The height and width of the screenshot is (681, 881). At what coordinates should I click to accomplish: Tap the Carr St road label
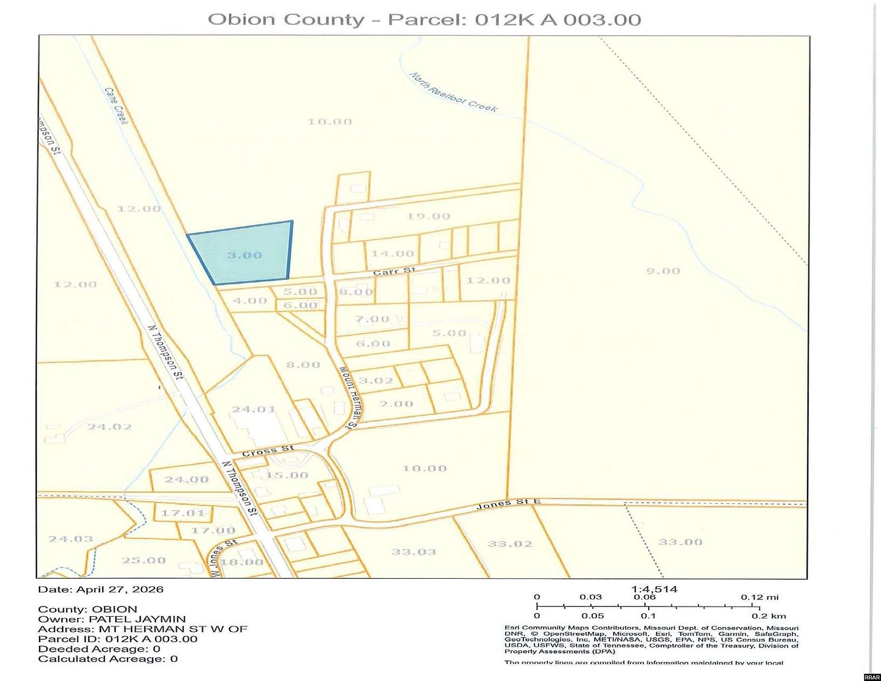[x=394, y=271]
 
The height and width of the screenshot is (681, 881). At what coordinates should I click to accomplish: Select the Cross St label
[x=268, y=450]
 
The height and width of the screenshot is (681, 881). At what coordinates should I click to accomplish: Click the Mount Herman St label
[x=349, y=397]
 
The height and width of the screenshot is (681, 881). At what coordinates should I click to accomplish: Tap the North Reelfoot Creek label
[x=453, y=92]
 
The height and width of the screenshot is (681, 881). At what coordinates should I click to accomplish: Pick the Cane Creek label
[x=117, y=106]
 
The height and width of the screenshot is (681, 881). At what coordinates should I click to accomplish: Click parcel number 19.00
[x=428, y=216]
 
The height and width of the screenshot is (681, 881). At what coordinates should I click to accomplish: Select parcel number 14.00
[x=392, y=253]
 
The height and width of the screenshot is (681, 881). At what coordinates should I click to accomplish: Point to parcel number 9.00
[x=663, y=271]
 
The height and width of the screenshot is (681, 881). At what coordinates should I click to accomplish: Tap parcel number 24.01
[x=253, y=409]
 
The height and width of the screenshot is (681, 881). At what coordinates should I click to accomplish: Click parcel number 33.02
[x=510, y=544]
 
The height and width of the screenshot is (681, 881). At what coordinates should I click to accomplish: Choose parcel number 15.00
[x=287, y=475]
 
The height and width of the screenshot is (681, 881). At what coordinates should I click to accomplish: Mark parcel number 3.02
[x=376, y=380]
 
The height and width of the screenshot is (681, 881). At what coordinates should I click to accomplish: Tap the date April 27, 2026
[x=119, y=589]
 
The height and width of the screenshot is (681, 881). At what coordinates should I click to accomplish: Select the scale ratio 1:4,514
[x=654, y=589]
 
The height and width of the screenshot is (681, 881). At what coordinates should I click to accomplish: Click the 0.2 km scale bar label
[x=769, y=616]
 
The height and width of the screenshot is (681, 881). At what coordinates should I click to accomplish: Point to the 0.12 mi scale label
[x=759, y=597]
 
